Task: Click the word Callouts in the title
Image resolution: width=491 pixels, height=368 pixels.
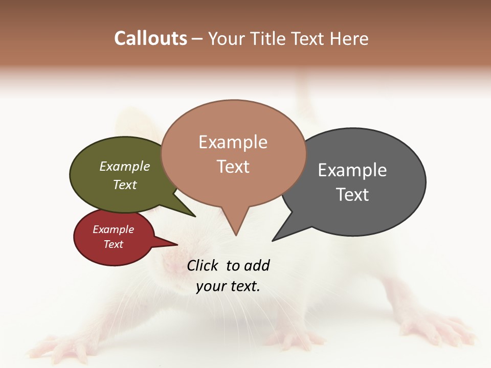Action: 150,38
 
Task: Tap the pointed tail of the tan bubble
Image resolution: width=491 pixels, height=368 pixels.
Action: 236,227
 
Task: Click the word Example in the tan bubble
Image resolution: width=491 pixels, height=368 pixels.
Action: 233,142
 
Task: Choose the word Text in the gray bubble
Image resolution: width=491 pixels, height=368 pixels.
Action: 352,195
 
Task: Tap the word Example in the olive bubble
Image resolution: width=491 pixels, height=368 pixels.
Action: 125,167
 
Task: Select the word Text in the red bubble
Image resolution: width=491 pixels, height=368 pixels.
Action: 114,244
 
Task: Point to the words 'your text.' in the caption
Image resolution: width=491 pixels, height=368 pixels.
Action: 228,286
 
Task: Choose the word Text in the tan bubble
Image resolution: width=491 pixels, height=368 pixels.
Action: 233,167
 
